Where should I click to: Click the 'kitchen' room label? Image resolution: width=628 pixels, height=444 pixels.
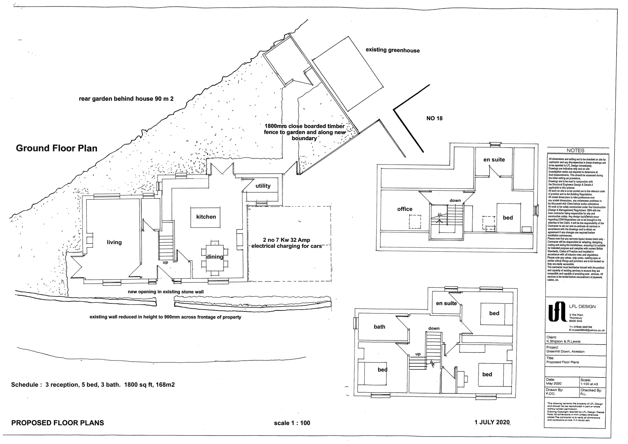206,217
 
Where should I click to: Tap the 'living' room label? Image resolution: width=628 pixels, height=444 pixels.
114,242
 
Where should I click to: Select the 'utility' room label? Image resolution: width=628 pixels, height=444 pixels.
263,186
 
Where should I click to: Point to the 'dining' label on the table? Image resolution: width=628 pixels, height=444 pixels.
215,257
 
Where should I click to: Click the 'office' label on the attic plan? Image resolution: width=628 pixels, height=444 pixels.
405,209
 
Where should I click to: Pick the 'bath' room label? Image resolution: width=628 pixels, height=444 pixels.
379,327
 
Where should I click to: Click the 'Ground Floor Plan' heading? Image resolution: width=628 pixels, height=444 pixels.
57,148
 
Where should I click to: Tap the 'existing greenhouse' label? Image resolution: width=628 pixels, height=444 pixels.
392,50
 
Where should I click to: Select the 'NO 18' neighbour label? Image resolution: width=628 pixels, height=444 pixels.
434,118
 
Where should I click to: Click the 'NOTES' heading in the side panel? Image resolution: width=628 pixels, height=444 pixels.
575,151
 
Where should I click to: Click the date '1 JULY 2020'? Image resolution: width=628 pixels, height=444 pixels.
492,422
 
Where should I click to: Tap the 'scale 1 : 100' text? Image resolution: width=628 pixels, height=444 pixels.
292,423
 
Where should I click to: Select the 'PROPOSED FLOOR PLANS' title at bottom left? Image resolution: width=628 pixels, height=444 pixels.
58,423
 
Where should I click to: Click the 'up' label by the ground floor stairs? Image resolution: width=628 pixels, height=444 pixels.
165,262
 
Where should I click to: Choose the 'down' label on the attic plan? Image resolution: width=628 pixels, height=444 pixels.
455,201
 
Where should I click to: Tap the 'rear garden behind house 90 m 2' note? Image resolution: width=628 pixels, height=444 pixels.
126,98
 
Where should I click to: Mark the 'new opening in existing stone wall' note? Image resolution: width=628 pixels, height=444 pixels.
166,292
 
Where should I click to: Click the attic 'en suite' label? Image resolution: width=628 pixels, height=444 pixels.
494,160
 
